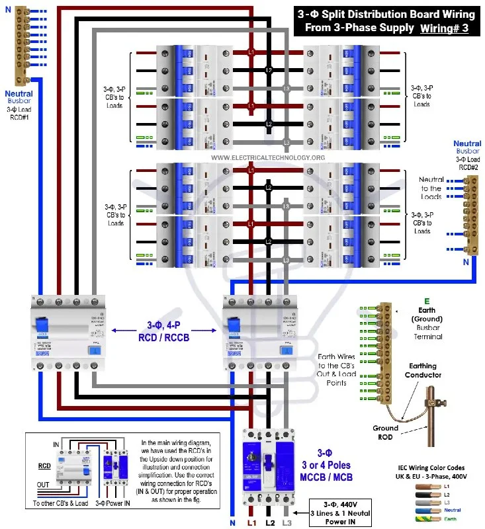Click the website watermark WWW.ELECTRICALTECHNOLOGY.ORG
tap(268, 158)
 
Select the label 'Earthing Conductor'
tap(423, 370)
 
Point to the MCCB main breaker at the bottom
tap(268, 466)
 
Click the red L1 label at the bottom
tap(251, 523)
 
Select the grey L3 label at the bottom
tap(287, 523)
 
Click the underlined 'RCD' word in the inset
tap(44, 466)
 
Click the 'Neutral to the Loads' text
tap(431, 188)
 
